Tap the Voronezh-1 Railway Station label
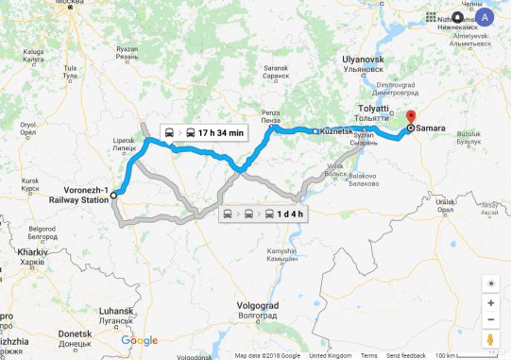(x=78, y=194)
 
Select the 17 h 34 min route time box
(x=203, y=132)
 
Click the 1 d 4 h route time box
(x=264, y=214)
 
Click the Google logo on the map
(x=139, y=341)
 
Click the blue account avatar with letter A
(x=485, y=17)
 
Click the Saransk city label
(x=277, y=69)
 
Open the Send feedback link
(x=406, y=356)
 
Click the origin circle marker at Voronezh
(x=112, y=195)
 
